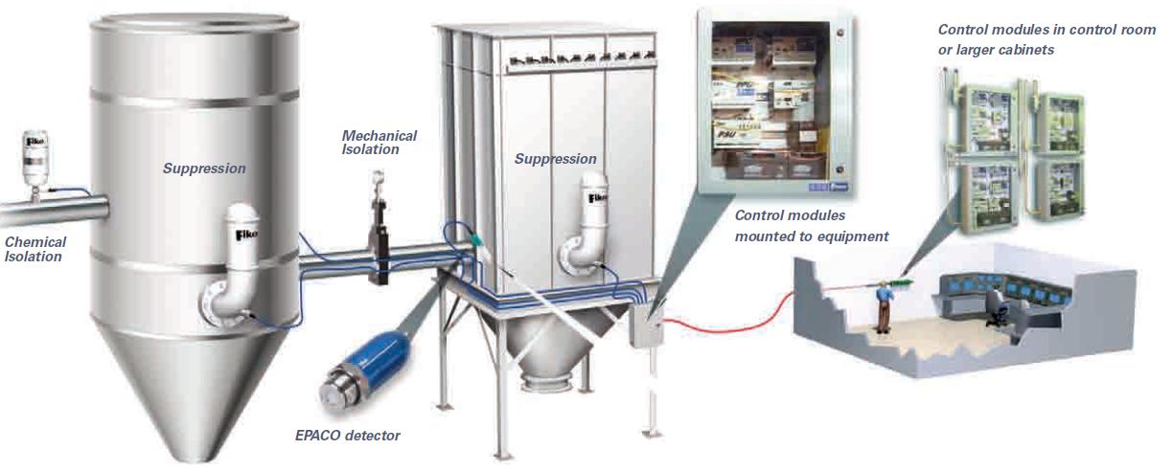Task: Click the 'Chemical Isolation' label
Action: click(x=35, y=249)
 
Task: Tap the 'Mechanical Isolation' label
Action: click(x=379, y=143)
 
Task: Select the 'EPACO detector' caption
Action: click(x=347, y=436)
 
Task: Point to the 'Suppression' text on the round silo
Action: click(x=204, y=169)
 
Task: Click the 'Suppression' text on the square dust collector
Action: click(x=556, y=159)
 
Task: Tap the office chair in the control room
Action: click(x=997, y=312)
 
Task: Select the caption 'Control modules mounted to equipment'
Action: click(x=811, y=226)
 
